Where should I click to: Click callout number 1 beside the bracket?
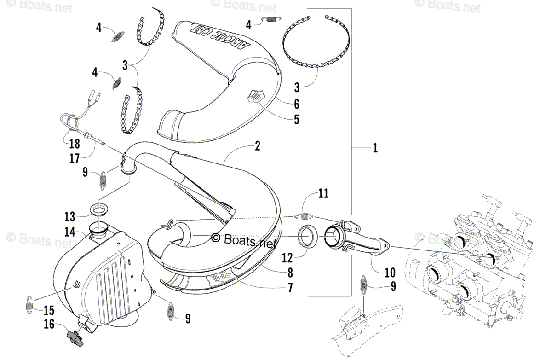tap(375, 148)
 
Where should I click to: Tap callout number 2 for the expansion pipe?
tap(257, 146)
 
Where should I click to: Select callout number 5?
tap(296, 119)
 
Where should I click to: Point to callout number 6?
tap(296, 103)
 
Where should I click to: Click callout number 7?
tap(290, 289)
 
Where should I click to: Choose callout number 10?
tap(390, 271)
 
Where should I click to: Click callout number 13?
tap(69, 216)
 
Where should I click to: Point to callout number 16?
tap(50, 325)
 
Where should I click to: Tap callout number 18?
tap(75, 144)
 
